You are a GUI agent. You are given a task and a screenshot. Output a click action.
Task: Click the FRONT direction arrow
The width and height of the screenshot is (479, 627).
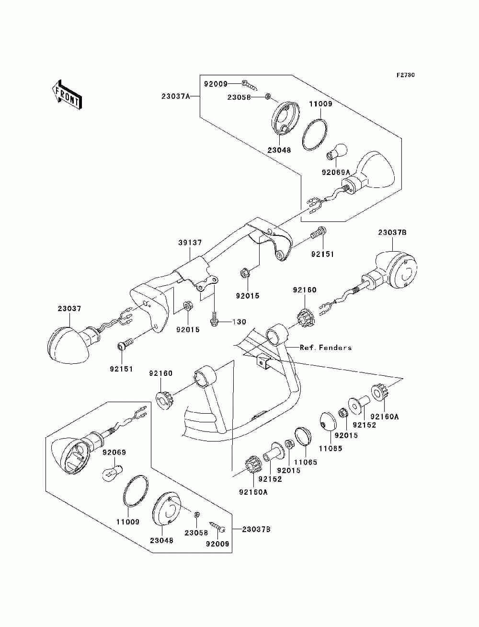tap(68, 94)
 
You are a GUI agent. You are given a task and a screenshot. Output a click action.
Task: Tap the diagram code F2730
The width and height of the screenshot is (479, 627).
tap(406, 75)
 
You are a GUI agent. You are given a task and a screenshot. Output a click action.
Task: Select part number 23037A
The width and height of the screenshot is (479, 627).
tap(175, 96)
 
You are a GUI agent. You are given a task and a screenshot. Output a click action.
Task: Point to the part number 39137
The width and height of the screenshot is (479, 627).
tap(190, 243)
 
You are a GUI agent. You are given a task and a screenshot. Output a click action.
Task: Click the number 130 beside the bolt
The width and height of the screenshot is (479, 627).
tap(239, 322)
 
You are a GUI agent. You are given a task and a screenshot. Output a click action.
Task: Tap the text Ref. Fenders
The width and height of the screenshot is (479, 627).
tap(325, 348)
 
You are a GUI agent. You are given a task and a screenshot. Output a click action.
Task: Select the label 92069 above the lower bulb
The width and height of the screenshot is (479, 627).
tap(114, 452)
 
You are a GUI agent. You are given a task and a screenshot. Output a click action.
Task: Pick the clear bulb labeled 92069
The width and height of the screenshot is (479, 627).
tap(112, 474)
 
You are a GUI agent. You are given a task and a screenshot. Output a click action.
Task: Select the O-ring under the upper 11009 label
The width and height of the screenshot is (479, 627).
tap(314, 134)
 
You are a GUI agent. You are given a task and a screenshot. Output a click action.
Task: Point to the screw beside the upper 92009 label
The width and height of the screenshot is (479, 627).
tap(249, 85)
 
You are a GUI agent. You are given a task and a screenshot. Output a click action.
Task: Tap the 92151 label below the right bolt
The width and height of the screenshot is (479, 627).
tap(322, 254)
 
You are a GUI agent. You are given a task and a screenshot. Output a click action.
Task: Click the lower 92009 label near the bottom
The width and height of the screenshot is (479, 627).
tap(217, 544)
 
